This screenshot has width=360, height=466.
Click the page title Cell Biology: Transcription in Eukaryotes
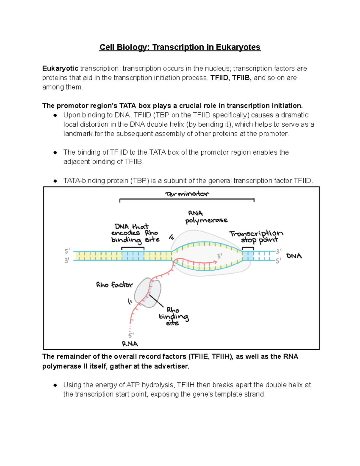pyautogui.click(x=180, y=47)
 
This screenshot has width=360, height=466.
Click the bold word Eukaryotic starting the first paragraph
pyautogui.click(x=60, y=68)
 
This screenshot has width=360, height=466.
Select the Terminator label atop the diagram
pyautogui.click(x=187, y=194)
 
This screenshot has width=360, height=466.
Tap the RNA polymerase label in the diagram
pyautogui.click(x=206, y=217)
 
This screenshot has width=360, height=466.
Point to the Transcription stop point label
pyautogui.click(x=256, y=236)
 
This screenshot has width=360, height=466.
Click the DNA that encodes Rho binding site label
pyautogui.click(x=135, y=233)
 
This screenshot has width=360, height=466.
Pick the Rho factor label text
pyautogui.click(x=114, y=285)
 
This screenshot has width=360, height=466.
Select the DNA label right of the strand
pyautogui.click(x=294, y=256)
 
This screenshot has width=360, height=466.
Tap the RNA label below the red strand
pyautogui.click(x=130, y=344)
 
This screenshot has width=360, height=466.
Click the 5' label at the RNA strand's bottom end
pyautogui.click(x=131, y=335)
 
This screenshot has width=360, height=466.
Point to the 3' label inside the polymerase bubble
pyautogui.click(x=220, y=256)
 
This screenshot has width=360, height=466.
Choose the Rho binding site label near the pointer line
pyautogui.click(x=173, y=316)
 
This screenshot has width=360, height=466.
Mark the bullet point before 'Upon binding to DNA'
pyautogui.click(x=55, y=115)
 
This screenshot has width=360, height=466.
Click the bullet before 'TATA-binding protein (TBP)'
pyautogui.click(x=55, y=181)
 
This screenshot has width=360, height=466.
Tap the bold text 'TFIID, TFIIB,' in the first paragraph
pyautogui.click(x=231, y=78)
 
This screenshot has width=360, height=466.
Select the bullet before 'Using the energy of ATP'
pyautogui.click(x=55, y=385)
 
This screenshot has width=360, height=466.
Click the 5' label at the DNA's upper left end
pyautogui.click(x=67, y=251)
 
